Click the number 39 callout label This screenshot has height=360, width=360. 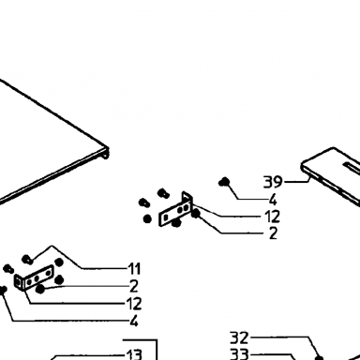click(273, 182)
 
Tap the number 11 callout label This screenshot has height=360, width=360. click(134, 269)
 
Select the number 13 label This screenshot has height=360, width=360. click(134, 354)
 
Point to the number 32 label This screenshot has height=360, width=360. click(239, 337)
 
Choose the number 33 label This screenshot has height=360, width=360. click(239, 354)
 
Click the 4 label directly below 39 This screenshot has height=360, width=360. click(273, 200)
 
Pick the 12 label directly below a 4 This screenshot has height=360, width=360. click(272, 217)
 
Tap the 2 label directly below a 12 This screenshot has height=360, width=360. click(273, 233)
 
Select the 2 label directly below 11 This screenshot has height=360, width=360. click(134, 286)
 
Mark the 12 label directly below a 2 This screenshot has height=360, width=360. click(134, 304)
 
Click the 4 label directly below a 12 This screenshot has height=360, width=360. click(134, 321)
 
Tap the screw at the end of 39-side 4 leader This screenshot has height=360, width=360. click(224, 182)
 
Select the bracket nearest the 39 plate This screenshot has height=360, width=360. click(175, 209)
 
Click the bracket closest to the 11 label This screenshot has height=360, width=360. click(34, 278)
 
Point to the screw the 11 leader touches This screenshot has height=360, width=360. click(27, 260)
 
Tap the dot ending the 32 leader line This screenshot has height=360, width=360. click(319, 357)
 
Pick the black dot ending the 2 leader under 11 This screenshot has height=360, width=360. click(40, 289)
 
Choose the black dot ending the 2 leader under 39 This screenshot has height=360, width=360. click(196, 214)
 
